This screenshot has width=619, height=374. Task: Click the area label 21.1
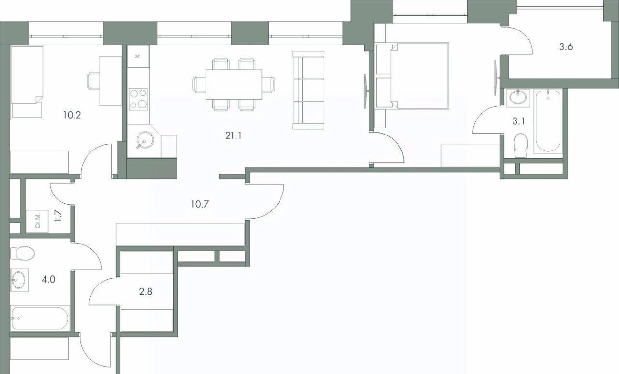234,136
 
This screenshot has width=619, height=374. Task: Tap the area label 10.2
72,115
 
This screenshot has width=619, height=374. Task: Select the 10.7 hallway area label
200,204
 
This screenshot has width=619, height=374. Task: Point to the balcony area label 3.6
566,47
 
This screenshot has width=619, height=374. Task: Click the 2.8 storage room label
146,292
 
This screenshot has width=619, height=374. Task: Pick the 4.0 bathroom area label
49,280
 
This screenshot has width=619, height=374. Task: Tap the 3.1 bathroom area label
519,121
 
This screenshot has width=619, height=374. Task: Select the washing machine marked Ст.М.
37,221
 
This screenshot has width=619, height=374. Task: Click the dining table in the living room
234,84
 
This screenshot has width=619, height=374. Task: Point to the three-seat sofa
308,90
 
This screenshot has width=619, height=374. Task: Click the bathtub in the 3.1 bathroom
548,121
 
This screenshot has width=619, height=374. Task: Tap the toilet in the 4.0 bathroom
22,253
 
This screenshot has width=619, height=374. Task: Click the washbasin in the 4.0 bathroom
19,280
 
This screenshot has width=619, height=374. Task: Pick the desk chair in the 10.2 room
94,81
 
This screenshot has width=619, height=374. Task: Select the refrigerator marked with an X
138,57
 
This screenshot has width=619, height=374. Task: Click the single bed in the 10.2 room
27,83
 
